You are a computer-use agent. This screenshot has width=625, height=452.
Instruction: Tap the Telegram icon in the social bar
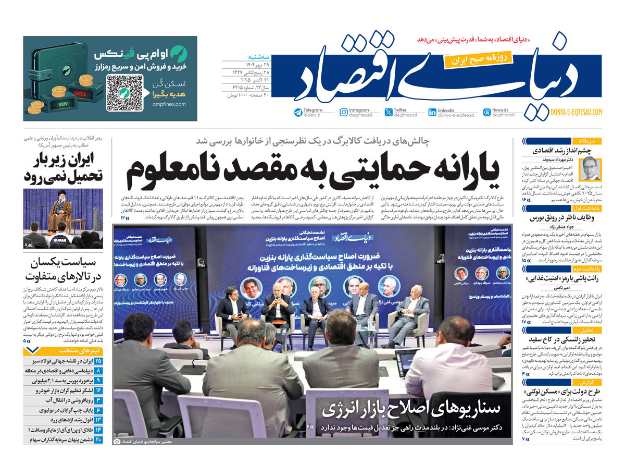coord(298,112)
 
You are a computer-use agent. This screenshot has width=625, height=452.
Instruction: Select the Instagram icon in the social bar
coord(344,112)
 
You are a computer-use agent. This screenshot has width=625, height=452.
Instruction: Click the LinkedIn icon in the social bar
coord(432,112)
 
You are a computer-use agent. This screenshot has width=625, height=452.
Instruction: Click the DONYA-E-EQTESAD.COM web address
coord(576,112)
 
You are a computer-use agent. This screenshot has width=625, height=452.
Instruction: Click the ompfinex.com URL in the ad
coord(169,104)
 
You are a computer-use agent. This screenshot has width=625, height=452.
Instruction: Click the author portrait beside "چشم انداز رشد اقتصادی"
coord(591,170)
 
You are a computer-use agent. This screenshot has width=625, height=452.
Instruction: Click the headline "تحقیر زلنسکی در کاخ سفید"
coord(565,339)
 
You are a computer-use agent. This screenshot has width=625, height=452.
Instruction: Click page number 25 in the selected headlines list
coord(98,361)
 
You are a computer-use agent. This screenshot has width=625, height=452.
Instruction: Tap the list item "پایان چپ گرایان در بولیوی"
coord(59,410)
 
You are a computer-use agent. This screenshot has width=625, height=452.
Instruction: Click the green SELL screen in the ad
coord(81,94)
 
